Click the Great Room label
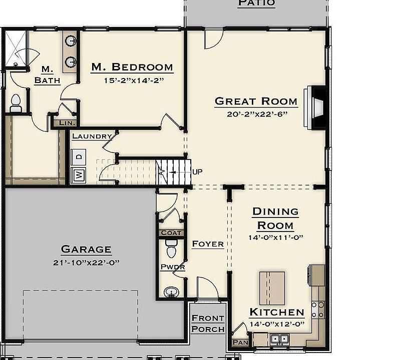tap(256, 101)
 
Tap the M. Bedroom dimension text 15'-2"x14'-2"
tap(134, 80)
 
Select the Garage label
tap(86, 249)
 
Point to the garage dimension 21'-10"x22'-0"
tap(86, 262)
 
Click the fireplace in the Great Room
tap(315, 108)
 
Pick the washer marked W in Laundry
tap(78, 175)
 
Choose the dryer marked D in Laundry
tap(78, 156)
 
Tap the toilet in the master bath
tap(16, 103)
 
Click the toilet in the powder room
tap(171, 248)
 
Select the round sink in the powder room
tap(171, 292)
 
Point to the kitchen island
tap(272, 288)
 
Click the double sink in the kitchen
tap(279, 339)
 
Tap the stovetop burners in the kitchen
tap(318, 310)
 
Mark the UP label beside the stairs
tap(197, 171)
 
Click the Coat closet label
tap(171, 233)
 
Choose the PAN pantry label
tap(240, 342)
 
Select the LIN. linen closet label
tap(68, 122)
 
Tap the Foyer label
tap(208, 244)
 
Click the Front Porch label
tap(208, 323)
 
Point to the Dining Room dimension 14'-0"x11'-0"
tap(276, 237)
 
